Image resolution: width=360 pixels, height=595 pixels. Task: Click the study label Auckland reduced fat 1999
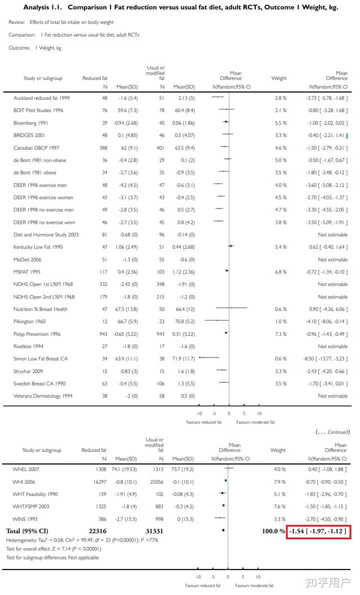point(41,98)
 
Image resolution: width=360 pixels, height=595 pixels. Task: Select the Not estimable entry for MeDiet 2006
point(332,259)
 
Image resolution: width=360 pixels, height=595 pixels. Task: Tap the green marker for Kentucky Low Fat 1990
point(231,246)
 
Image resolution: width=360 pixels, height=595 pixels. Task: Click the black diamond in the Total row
point(223,530)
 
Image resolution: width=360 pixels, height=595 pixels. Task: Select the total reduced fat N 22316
point(96,530)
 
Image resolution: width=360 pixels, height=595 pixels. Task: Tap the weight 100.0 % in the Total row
point(273,530)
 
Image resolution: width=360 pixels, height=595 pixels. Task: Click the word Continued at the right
point(338,432)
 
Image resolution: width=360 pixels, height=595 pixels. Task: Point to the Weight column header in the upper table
point(279,78)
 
